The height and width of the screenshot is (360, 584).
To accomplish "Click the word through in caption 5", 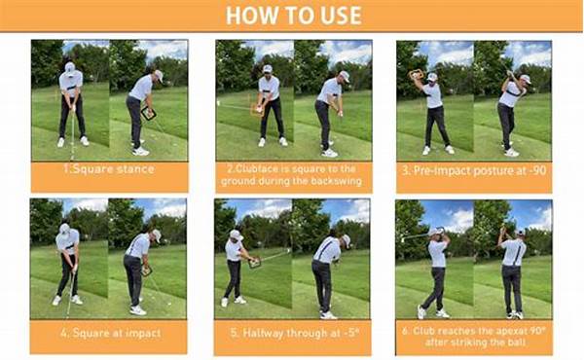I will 306,335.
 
